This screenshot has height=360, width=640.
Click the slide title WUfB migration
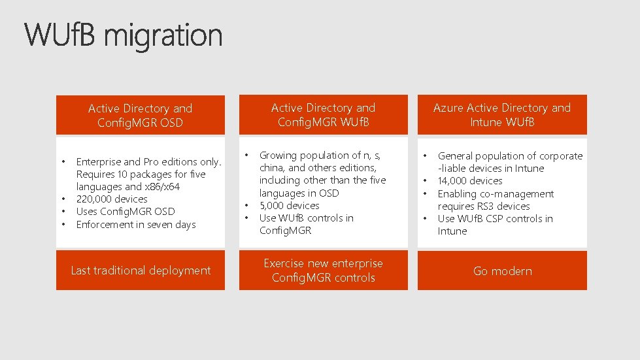coord(124,35)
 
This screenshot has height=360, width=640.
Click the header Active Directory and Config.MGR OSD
coord(140,115)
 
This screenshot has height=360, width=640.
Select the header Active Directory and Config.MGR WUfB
coord(323,114)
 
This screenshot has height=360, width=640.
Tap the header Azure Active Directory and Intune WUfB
coord(501,114)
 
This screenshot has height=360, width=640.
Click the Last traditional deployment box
coord(140,270)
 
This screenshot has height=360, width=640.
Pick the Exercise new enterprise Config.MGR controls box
coord(323,270)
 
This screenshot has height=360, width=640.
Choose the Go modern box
coord(501,270)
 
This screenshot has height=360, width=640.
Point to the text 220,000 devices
coord(112,199)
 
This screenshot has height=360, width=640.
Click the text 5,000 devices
coord(289,206)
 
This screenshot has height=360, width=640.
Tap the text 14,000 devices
coord(470,181)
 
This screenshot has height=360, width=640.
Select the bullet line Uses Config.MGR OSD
coord(126,212)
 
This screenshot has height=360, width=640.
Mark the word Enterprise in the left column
coord(98,161)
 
